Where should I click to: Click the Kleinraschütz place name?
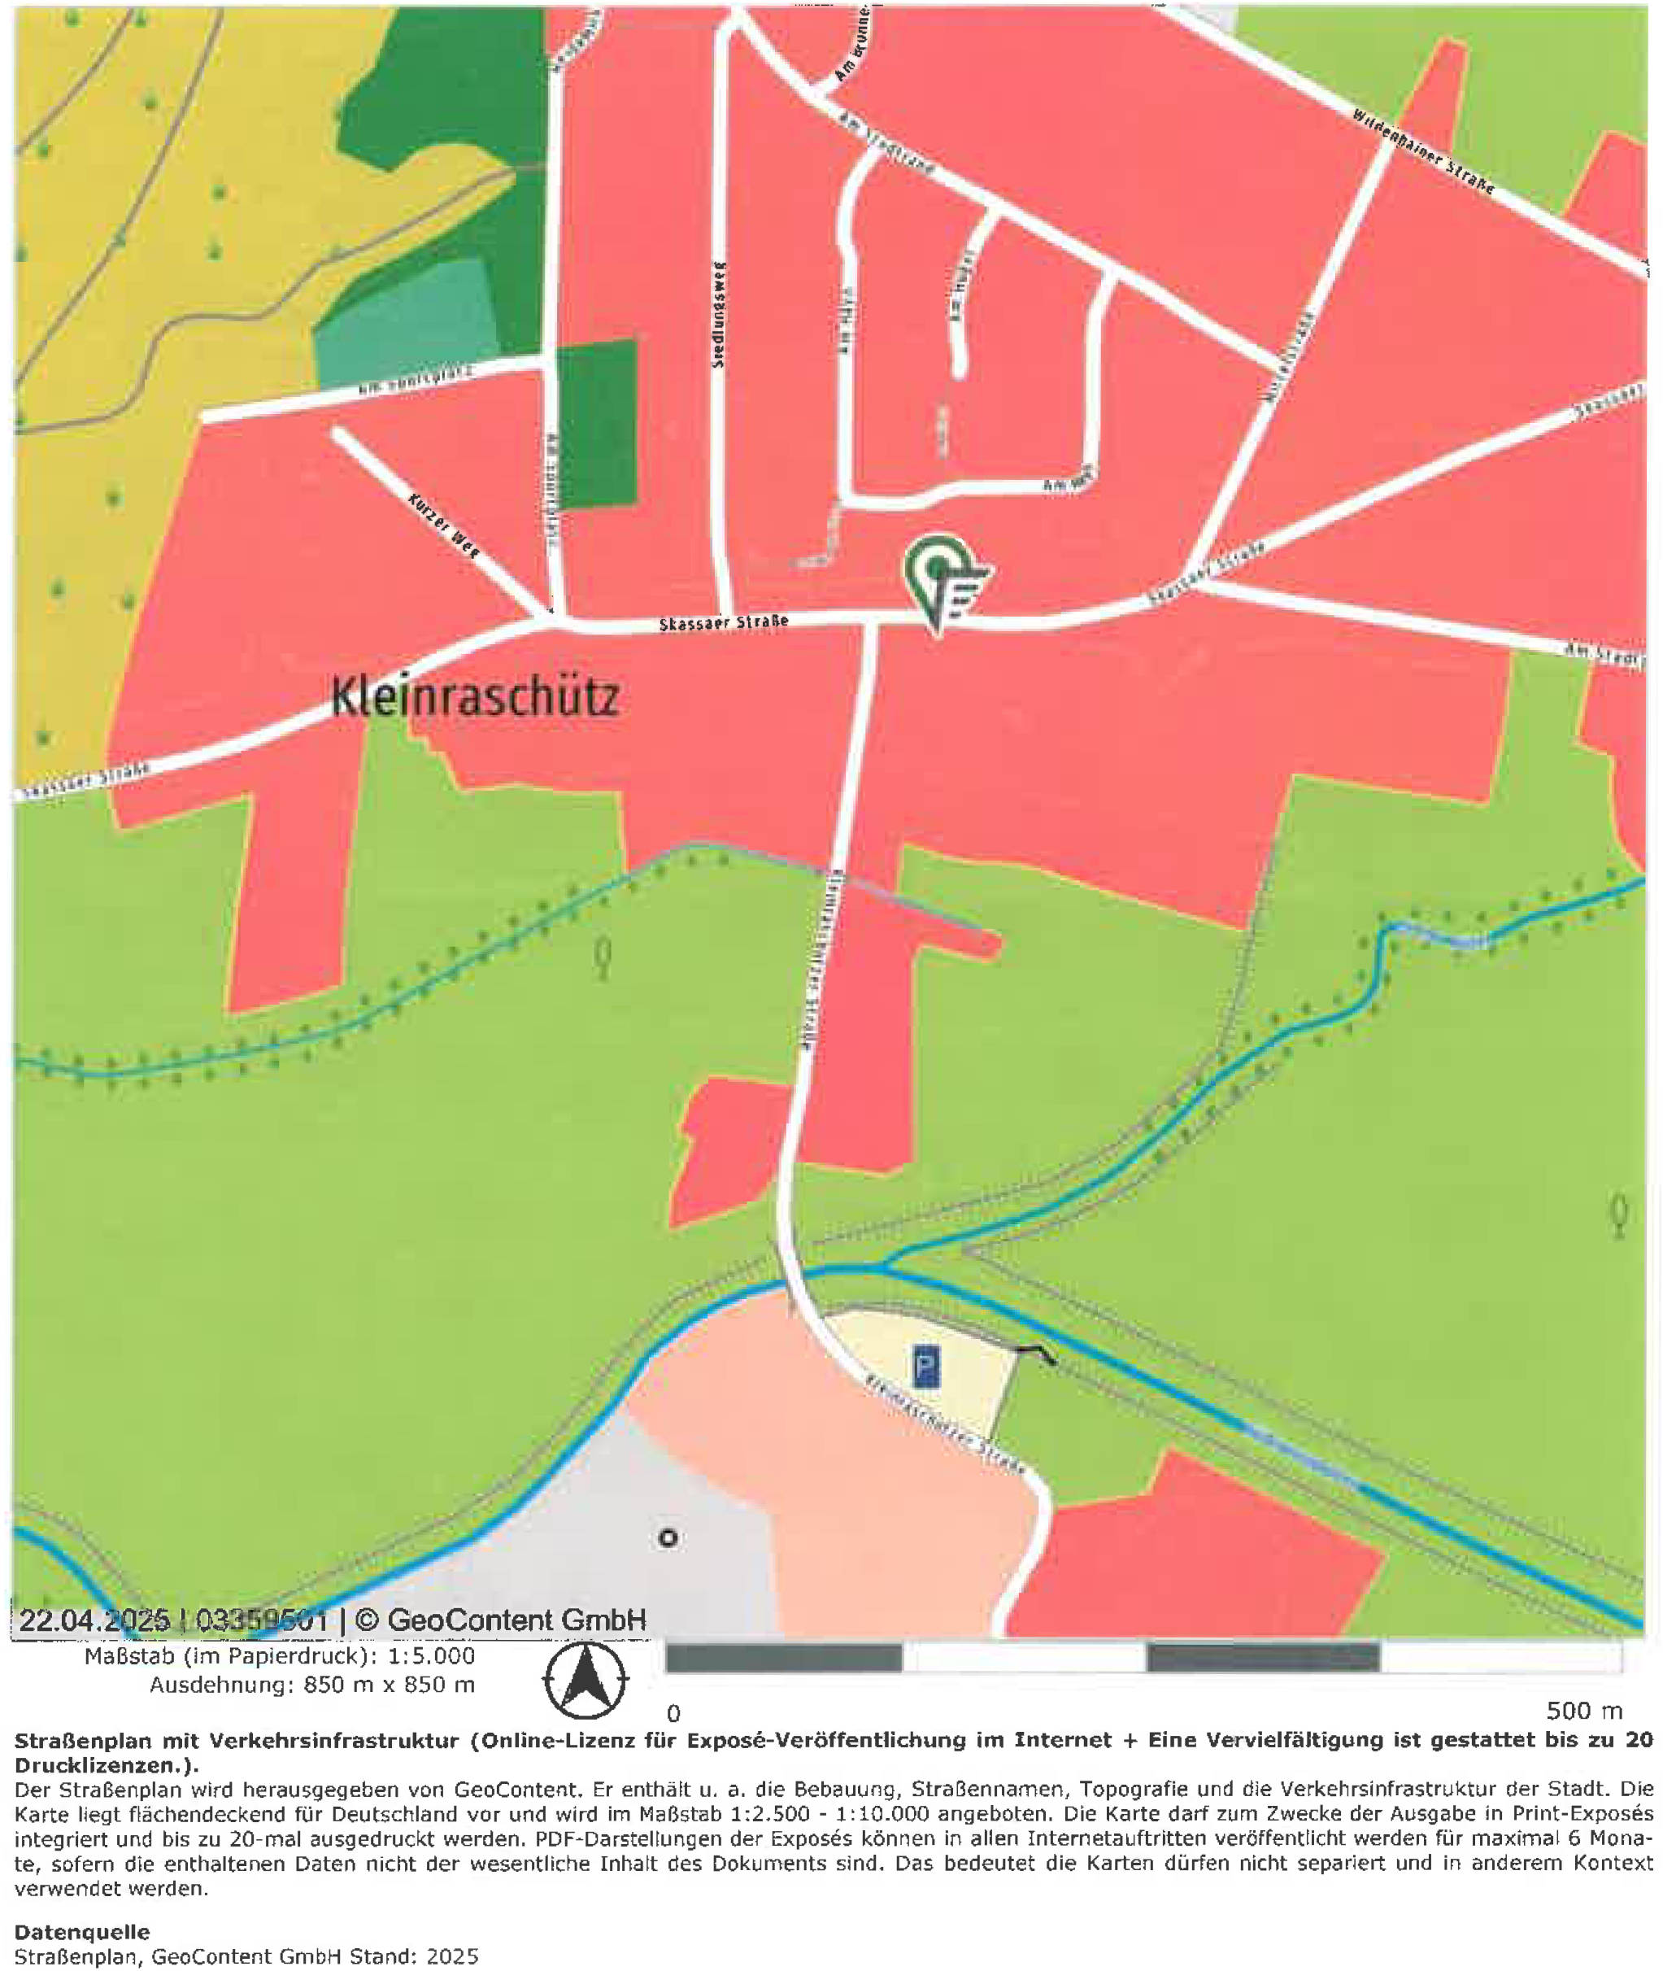(475, 699)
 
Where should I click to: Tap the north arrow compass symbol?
(586, 1680)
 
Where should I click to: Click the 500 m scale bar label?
(1584, 1711)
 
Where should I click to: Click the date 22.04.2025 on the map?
(94, 1620)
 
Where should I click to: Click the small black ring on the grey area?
(668, 1538)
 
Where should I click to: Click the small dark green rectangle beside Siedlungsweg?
(596, 425)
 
